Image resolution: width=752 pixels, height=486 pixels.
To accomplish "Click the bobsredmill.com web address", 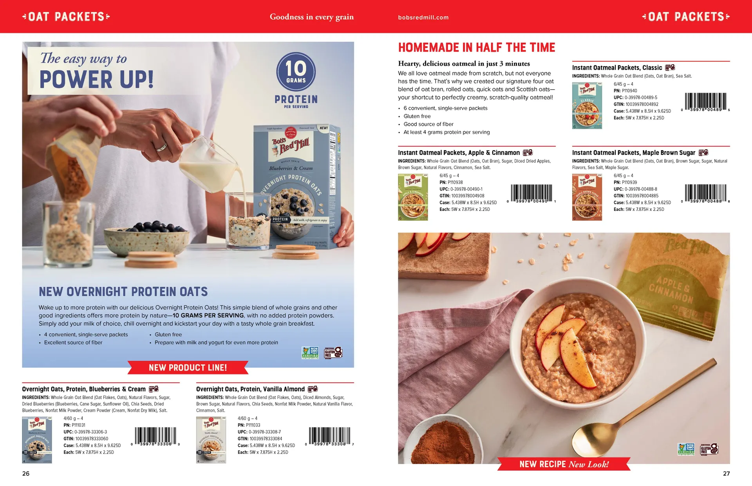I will pyautogui.click(x=423, y=17).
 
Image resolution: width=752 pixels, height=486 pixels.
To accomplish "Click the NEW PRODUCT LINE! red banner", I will pyautogui.click(x=188, y=368).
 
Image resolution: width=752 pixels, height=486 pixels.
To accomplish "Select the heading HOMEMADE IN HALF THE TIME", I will pyautogui.click(x=476, y=48).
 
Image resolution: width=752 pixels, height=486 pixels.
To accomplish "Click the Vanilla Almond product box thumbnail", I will pyautogui.click(x=211, y=440).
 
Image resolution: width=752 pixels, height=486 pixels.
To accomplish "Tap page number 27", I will pyautogui.click(x=726, y=473).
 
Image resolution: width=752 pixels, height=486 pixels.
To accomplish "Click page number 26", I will pyautogui.click(x=26, y=473).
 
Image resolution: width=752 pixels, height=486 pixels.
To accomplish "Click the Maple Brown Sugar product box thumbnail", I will pyautogui.click(x=587, y=197).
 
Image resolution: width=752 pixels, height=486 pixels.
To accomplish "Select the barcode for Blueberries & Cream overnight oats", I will pyautogui.click(x=155, y=436).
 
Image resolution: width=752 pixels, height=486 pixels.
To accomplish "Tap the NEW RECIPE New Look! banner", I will pyautogui.click(x=564, y=464).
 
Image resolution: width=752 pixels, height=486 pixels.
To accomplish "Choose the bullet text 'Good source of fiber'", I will pyautogui.click(x=428, y=124).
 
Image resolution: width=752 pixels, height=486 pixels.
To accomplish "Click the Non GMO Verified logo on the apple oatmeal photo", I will pyautogui.click(x=686, y=449).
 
